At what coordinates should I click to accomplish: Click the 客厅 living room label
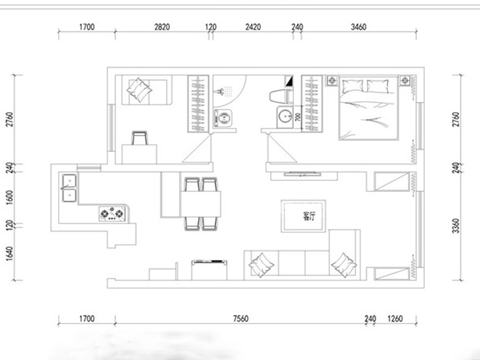pyautogui.click(x=309, y=217)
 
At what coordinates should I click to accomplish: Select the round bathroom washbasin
pyautogui.click(x=285, y=117)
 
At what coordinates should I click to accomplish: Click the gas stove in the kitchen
pyautogui.click(x=112, y=213)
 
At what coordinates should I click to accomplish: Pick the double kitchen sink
pyautogui.click(x=69, y=188)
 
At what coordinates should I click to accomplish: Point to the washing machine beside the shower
pyautogui.click(x=223, y=119)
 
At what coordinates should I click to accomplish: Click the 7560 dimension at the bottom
pyautogui.click(x=241, y=318)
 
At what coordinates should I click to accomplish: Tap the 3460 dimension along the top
pyautogui.click(x=359, y=27)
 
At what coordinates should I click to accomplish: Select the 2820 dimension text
pyautogui.click(x=162, y=27)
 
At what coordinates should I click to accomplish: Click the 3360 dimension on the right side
pyautogui.click(x=456, y=226)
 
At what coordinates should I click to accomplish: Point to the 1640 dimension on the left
pyautogui.click(x=10, y=254)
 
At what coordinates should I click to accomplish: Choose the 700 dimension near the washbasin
pyautogui.click(x=298, y=116)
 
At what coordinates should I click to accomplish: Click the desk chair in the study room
pyautogui.click(x=139, y=138)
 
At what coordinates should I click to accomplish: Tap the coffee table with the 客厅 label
pyautogui.click(x=304, y=216)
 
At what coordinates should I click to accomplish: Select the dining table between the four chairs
pyautogui.click(x=200, y=204)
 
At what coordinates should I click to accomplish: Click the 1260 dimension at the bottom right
pyautogui.click(x=395, y=318)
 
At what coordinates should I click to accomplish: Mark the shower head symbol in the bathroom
pyautogui.click(x=220, y=91)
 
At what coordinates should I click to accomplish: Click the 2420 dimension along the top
pyautogui.click(x=253, y=27)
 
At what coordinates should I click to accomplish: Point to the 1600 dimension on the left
pyautogui.click(x=10, y=197)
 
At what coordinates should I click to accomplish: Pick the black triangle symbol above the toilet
pyautogui.click(x=289, y=81)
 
